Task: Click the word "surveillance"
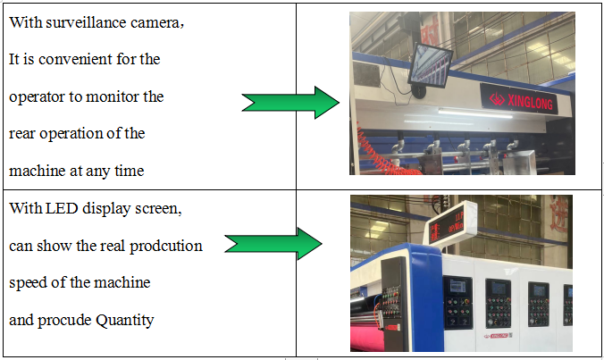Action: [x=87, y=22]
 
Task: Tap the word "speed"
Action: [x=28, y=283]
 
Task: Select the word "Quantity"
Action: [x=124, y=321]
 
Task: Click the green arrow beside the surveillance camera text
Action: [x=290, y=103]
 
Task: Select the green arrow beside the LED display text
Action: [x=273, y=244]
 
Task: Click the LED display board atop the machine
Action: [x=450, y=223]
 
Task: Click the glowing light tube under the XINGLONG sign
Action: [x=476, y=113]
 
